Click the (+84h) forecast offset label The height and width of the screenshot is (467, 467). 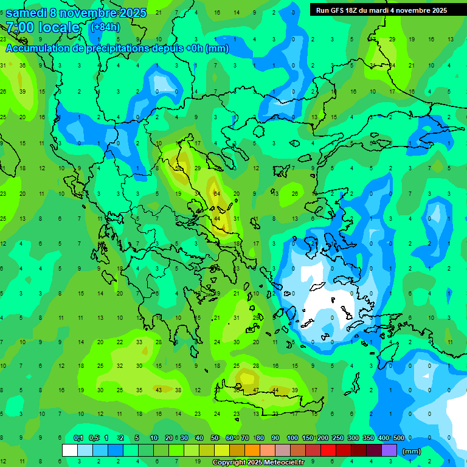point(105,27)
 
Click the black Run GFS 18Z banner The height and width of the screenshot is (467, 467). point(381,10)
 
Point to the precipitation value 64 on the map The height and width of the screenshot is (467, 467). point(217,194)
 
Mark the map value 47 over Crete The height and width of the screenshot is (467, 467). point(256,390)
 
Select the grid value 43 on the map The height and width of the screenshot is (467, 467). point(159,390)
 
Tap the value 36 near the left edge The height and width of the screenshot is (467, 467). point(22,66)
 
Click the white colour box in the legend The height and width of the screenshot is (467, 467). point(70,451)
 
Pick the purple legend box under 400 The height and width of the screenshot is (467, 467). point(389,451)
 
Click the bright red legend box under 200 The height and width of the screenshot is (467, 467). point(328,451)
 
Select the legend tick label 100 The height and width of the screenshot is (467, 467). point(292,438)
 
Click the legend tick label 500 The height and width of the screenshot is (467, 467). point(398,438)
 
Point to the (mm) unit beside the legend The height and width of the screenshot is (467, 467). point(412,451)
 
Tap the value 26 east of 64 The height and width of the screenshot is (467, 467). point(295,194)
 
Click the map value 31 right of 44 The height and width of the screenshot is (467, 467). point(237,219)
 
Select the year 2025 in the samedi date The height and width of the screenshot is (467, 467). point(129,13)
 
